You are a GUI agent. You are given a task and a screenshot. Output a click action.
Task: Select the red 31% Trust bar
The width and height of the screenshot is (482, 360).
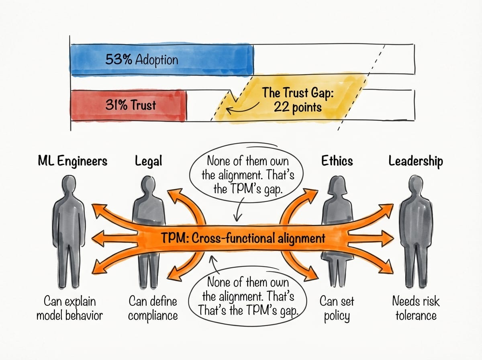pos(128,106)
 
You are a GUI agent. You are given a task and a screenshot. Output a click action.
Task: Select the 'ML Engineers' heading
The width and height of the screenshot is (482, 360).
pos(72,162)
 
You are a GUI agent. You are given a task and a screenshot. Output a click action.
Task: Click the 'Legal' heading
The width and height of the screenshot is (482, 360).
pos(149,162)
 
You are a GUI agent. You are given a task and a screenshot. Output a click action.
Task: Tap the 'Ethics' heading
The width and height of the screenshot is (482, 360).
pos(337,162)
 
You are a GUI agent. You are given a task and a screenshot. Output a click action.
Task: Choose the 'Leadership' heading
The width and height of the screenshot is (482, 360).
pos(416,162)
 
